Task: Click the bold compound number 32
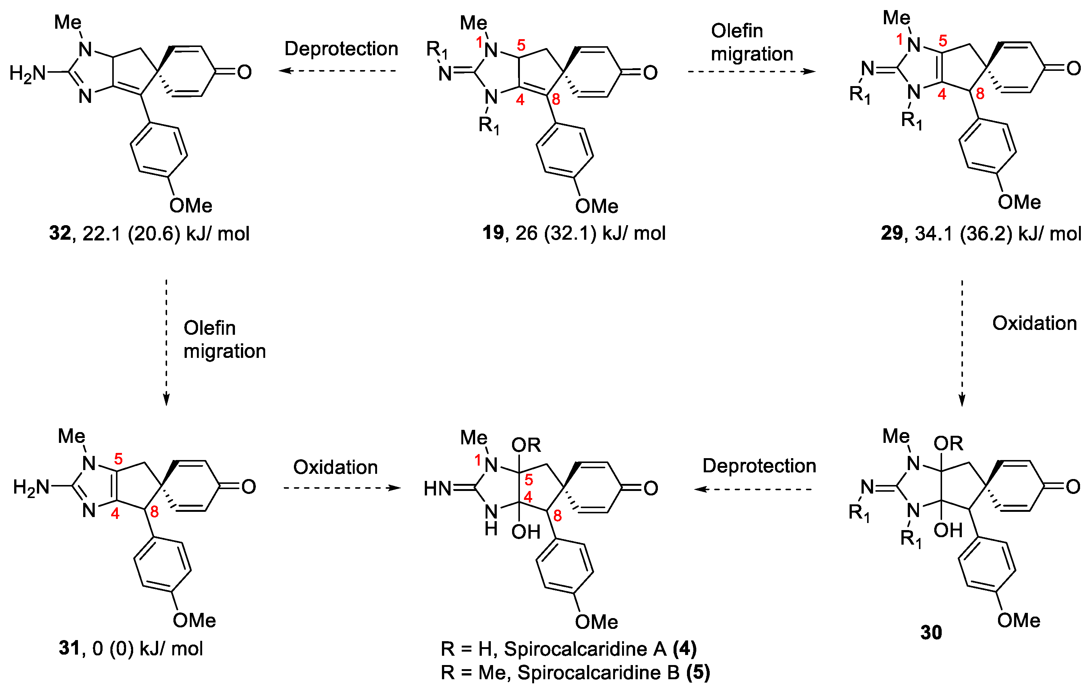(x=60, y=233)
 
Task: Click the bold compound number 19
(x=493, y=233)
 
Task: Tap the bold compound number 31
(x=69, y=649)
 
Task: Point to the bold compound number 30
(x=931, y=633)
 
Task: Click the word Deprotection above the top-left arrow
(x=341, y=48)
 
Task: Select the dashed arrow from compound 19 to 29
(x=751, y=71)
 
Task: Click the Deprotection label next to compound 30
(x=759, y=466)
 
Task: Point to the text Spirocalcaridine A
(x=585, y=649)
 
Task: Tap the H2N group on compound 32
(x=27, y=73)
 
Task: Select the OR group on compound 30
(x=948, y=443)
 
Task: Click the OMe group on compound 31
(x=194, y=620)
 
